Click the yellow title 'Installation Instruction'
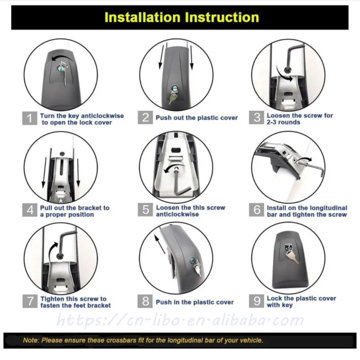pyautogui.click(x=181, y=17)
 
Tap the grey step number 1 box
pyautogui.click(x=30, y=118)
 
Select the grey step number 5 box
pyautogui.click(x=145, y=210)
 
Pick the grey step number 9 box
pyautogui.click(x=257, y=301)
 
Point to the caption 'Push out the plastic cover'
pyautogui.click(x=197, y=118)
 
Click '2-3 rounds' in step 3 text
pyautogui.click(x=283, y=122)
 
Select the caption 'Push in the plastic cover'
pyautogui.click(x=195, y=302)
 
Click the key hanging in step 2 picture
pyautogui.click(x=172, y=97)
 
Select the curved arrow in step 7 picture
pyautogui.click(x=51, y=250)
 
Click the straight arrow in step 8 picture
pyautogui.click(x=160, y=244)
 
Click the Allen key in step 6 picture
pyautogui.click(x=312, y=166)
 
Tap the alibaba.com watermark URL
pyautogui.click(x=180, y=320)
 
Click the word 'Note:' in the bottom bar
pyautogui.click(x=31, y=340)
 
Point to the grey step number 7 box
pyautogui.click(x=30, y=301)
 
